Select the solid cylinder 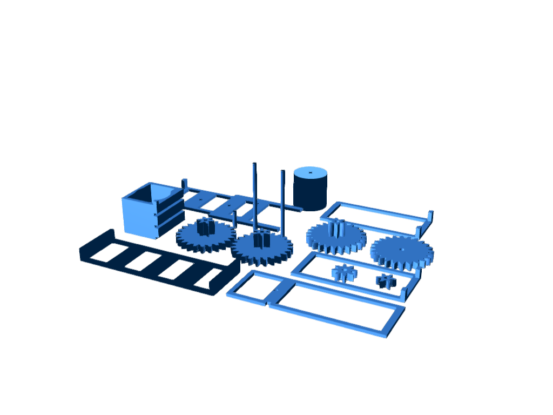click(310, 189)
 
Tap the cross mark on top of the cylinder click(311, 172)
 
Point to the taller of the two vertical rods click(254, 195)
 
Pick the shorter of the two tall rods click(282, 200)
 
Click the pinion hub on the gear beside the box click(205, 225)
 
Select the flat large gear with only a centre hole click(402, 252)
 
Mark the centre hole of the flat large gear click(402, 250)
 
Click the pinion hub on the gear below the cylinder click(336, 227)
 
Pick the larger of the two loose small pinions click(344, 272)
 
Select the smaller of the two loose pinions click(386, 280)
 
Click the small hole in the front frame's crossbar click(276, 290)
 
